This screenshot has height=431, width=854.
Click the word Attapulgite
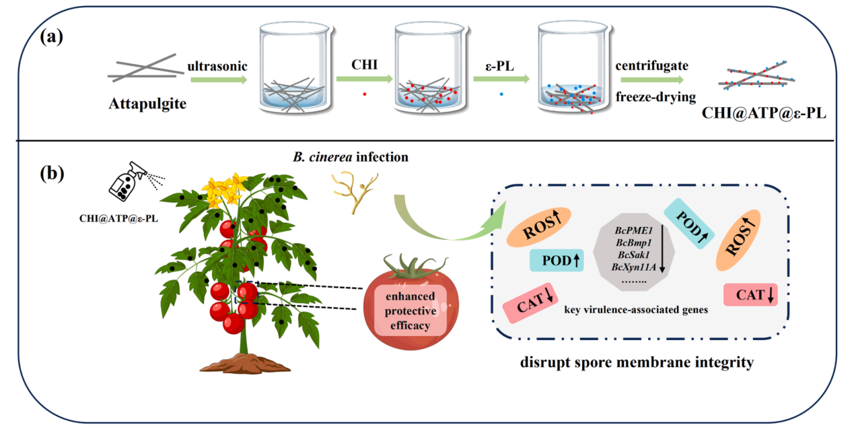point(147,104)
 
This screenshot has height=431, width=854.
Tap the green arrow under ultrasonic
point(219,79)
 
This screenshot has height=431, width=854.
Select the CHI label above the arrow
point(365,65)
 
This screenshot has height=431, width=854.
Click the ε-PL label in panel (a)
point(499,67)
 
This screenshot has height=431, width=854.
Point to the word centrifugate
point(652,65)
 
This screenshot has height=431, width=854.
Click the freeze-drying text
point(655,97)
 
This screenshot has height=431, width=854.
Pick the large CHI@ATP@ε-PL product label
point(764,113)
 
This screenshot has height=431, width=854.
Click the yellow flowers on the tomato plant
point(225,189)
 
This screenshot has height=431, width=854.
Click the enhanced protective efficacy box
point(411,310)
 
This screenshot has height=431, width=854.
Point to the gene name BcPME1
point(634,230)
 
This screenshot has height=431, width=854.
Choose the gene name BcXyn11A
point(634,267)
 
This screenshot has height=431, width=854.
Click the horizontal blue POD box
point(557,261)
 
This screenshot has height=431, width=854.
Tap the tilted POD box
point(689,224)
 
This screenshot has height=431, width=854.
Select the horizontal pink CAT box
point(750,295)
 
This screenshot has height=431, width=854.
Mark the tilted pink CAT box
point(530,303)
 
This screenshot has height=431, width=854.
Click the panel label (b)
point(52,174)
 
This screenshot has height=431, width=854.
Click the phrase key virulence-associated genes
point(636,310)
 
